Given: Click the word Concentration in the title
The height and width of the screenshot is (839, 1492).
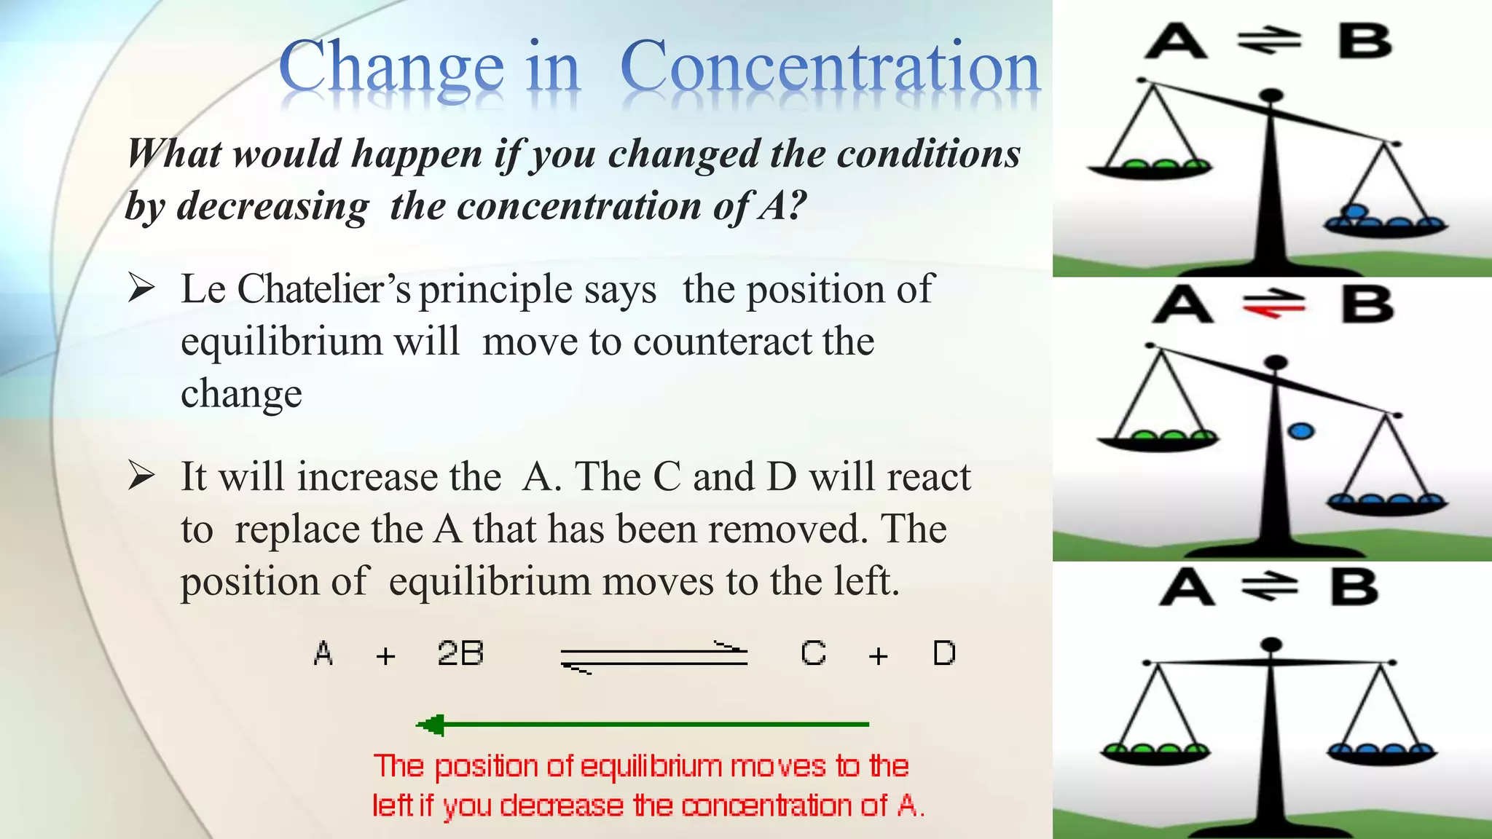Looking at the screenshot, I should [829, 67].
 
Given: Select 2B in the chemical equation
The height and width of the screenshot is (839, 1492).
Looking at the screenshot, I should [460, 653].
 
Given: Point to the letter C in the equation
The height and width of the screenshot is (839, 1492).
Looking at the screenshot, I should [813, 653].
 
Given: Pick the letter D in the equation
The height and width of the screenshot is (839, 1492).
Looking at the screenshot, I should [944, 653].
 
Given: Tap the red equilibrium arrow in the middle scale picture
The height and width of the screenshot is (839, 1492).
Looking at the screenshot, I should [1273, 304].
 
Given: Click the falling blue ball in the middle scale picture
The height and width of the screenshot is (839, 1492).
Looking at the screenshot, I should [1301, 431].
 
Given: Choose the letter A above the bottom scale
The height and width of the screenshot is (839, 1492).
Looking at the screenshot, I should [1186, 588].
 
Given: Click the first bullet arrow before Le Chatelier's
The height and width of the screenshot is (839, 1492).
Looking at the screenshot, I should [141, 288].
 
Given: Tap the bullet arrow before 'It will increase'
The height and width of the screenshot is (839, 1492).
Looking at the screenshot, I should [141, 476].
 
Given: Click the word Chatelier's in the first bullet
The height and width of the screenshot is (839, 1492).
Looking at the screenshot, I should [324, 289].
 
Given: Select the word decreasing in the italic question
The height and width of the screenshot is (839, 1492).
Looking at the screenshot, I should [273, 206].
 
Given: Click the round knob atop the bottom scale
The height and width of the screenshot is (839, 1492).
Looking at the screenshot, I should [1271, 644].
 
